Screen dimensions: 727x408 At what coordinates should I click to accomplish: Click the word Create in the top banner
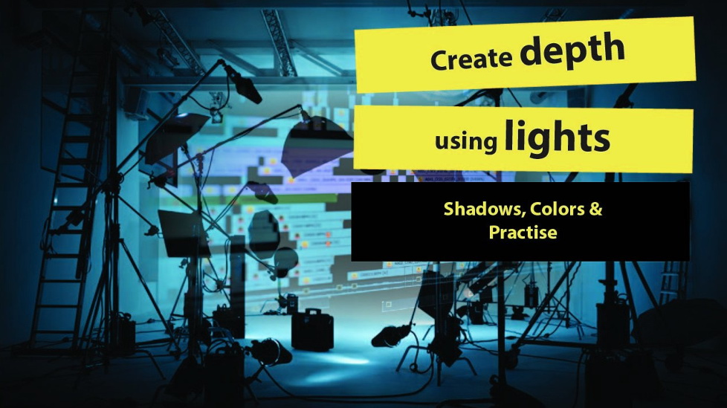click(471, 59)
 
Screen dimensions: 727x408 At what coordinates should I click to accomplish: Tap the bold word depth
click(572, 50)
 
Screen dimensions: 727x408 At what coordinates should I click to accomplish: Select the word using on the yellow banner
click(465, 140)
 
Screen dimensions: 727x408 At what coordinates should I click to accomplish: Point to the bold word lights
click(557, 137)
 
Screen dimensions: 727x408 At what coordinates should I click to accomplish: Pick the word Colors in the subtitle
click(558, 209)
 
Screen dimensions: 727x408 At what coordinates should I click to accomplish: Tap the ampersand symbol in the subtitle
click(595, 209)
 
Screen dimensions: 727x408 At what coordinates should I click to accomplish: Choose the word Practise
click(523, 232)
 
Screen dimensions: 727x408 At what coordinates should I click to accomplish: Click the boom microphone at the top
click(243, 83)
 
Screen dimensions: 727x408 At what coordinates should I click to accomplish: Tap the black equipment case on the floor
click(312, 330)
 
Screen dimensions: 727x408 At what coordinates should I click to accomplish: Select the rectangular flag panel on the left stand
click(184, 233)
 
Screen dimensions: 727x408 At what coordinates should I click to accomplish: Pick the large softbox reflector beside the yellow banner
click(320, 148)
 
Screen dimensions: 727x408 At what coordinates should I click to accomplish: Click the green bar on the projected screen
click(297, 198)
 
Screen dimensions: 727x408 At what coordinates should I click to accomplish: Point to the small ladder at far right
click(671, 283)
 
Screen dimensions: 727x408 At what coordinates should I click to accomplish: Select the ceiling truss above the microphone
click(278, 42)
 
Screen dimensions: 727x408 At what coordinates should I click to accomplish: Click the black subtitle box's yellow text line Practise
click(523, 232)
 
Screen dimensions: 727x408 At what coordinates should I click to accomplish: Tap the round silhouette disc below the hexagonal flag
click(285, 261)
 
